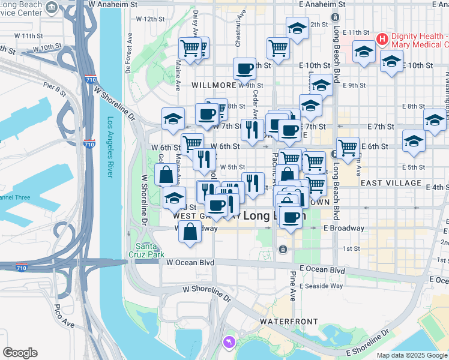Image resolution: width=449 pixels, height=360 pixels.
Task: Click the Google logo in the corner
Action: click(20, 353)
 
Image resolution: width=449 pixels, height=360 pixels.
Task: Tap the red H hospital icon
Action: click(381, 40)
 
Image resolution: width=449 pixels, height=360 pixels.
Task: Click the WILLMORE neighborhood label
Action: click(214, 85)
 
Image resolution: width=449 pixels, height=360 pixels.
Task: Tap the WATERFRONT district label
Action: click(289, 322)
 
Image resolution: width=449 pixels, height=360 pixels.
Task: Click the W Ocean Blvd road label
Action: click(190, 262)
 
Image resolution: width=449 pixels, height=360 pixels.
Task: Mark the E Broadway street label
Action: click(343, 228)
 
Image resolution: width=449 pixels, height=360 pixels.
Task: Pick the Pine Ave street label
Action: click(293, 287)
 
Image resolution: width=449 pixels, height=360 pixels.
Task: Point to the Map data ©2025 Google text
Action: click(411, 355)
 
